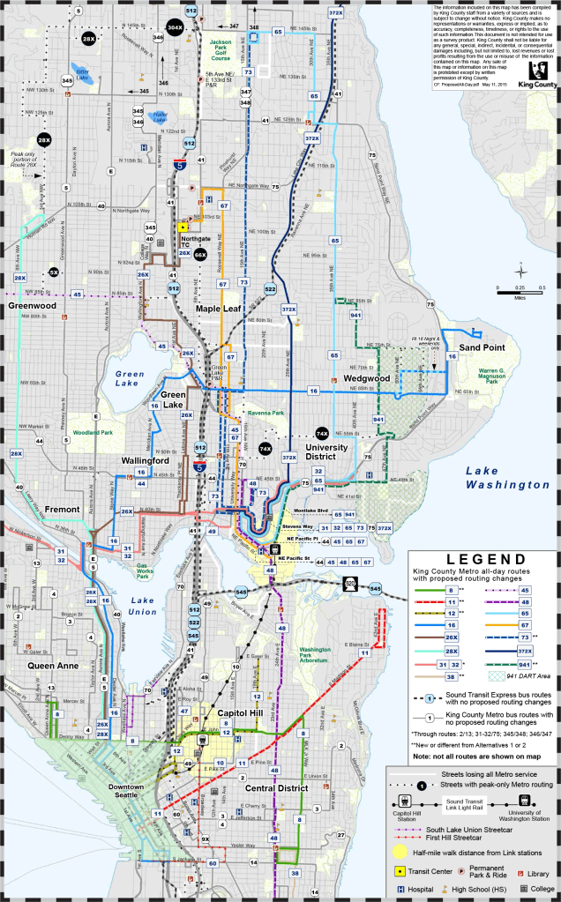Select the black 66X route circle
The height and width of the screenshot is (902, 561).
[200, 255]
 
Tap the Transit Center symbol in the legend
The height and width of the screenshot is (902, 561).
[398, 870]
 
